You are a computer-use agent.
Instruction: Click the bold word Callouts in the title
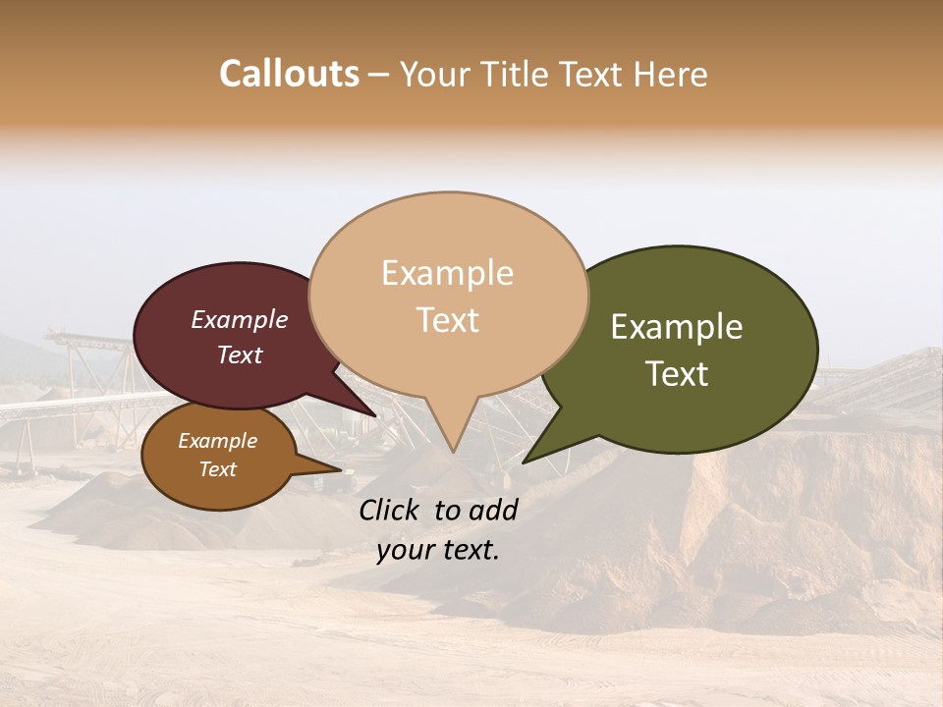point(289,74)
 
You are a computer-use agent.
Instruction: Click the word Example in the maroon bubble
point(239,319)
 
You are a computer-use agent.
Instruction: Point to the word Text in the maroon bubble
point(239,354)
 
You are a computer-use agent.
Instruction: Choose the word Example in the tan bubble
point(447,273)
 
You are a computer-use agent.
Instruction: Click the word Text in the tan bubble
point(447,320)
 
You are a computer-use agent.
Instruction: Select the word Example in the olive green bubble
point(677,327)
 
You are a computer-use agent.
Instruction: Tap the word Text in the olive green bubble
point(677,374)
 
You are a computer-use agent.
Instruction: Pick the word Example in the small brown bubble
point(217,441)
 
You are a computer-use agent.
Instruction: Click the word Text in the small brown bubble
point(217,469)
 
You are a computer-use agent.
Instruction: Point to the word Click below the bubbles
point(393,510)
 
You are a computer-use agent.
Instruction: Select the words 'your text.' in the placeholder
point(438,550)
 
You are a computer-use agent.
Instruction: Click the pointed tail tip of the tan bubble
point(453,452)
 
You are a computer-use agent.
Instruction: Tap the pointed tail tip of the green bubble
point(524,462)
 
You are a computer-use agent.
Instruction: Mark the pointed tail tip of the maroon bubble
point(375,415)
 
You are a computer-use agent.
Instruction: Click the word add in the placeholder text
point(493,510)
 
